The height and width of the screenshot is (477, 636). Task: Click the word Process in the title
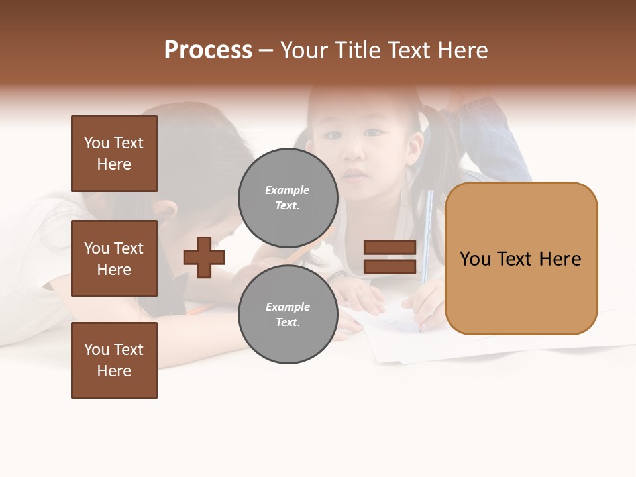[x=208, y=50]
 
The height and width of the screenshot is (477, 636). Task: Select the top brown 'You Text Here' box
[x=114, y=154]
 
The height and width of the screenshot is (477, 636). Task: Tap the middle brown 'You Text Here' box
[x=114, y=258]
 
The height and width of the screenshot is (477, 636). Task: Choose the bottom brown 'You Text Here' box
[x=114, y=360]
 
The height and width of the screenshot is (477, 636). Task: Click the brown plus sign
[x=204, y=257]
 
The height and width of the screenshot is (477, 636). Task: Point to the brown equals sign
[x=390, y=257]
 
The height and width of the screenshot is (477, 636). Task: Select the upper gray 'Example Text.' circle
[x=288, y=198]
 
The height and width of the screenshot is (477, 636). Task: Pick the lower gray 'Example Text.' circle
[x=288, y=315]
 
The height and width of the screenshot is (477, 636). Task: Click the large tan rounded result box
[x=521, y=258]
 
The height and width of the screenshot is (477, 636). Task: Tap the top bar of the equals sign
[x=390, y=247]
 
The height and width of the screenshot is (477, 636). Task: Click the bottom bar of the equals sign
[x=390, y=266]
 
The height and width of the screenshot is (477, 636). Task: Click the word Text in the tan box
[x=519, y=259]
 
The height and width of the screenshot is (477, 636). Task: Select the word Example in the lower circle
[x=288, y=307]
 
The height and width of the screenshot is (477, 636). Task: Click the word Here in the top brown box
[x=114, y=164]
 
